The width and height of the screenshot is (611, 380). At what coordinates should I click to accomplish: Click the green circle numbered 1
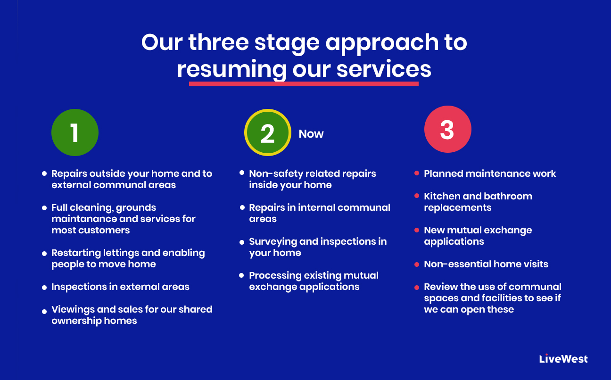tap(75, 132)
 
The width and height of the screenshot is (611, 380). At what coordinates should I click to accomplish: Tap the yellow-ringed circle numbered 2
tap(267, 132)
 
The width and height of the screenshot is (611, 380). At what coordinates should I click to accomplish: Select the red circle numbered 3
tap(447, 129)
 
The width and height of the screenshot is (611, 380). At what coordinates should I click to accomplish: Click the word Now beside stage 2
tap(311, 134)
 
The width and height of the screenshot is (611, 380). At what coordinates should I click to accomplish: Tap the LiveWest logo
tap(563, 359)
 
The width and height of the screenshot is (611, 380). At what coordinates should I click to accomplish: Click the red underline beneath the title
tap(304, 84)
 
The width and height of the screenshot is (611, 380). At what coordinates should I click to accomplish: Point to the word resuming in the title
tap(231, 70)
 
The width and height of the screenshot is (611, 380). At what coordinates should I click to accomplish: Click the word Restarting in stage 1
tap(76, 253)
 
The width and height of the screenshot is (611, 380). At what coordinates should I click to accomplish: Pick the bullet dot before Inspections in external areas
tap(44, 287)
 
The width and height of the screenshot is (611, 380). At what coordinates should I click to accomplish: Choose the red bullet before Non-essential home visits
tap(417, 264)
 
